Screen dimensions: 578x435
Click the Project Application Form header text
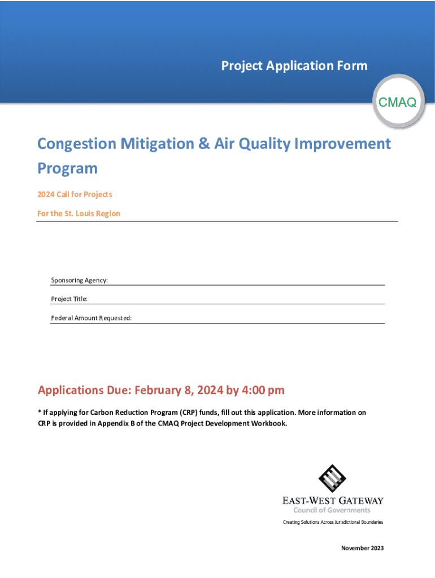pyautogui.click(x=294, y=66)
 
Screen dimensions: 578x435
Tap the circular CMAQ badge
pyautogui.click(x=397, y=102)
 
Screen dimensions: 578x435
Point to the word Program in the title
pyautogui.click(x=67, y=168)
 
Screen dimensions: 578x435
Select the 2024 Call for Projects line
pyautogui.click(x=75, y=195)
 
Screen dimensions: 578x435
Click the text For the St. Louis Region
pyautogui.click(x=79, y=214)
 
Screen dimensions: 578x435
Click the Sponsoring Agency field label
pyautogui.click(x=80, y=281)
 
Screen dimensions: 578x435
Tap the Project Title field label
pyautogui.click(x=69, y=299)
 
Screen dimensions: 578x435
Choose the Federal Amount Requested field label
pyautogui.click(x=92, y=318)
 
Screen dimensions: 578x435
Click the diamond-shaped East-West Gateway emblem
pyautogui.click(x=332, y=478)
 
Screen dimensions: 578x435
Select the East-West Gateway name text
pyautogui.click(x=333, y=501)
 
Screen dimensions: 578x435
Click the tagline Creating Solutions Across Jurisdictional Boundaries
pyautogui.click(x=333, y=522)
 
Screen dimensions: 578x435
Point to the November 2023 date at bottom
pyautogui.click(x=362, y=548)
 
